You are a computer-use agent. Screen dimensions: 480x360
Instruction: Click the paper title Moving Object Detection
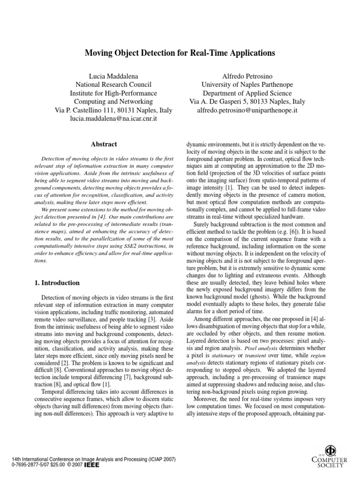[180, 53]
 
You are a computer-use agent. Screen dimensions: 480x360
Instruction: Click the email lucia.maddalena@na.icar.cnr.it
[113, 120]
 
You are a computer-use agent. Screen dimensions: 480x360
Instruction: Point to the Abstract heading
[104, 144]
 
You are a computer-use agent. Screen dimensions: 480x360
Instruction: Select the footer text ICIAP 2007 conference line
[89, 460]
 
